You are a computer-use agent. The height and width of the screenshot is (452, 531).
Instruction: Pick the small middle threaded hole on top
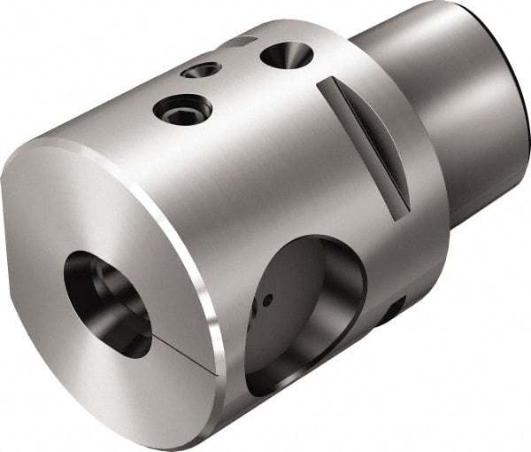click(201, 69)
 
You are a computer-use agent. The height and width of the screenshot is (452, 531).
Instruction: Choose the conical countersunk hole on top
click(286, 56)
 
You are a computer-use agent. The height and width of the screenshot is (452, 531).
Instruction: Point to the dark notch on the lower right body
click(389, 310)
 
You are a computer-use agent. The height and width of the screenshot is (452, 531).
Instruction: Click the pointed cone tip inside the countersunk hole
click(288, 57)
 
